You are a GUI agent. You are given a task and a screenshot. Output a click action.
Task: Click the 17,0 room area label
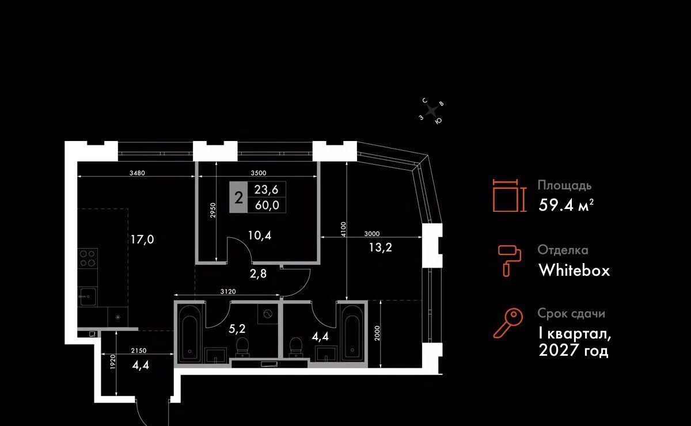tap(142, 239)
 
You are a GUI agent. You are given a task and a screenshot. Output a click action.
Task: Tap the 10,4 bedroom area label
tap(260, 235)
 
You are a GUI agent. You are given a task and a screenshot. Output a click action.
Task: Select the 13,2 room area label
tap(381, 248)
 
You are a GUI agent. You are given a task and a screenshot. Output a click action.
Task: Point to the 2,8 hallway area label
tap(258, 273)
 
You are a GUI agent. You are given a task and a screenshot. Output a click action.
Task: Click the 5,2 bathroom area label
tap(237, 329)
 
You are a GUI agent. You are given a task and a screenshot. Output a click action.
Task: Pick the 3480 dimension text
tap(137, 173)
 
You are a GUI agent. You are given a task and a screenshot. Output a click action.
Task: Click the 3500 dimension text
tap(258, 173)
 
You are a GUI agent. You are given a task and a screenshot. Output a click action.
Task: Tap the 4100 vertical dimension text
tap(344, 230)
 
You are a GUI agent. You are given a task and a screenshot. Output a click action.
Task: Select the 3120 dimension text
tap(228, 291)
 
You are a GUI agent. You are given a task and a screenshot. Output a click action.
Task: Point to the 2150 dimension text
tap(139, 351)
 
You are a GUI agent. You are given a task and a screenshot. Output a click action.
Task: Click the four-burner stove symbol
tap(88, 258)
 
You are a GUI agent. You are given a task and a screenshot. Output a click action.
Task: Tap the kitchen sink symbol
tap(88, 296)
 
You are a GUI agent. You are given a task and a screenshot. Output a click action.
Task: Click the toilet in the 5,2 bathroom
tap(242, 347)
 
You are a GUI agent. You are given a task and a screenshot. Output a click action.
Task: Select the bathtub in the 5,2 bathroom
tap(189, 333)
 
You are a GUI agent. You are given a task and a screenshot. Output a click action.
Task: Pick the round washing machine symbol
tap(267, 314)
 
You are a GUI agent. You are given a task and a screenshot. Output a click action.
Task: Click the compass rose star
tap(431, 111)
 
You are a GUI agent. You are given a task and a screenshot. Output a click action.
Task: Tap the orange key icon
tap(508, 324)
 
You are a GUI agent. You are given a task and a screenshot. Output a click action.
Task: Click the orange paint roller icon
tap(509, 261)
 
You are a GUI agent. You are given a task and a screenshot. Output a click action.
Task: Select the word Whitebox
tap(574, 270)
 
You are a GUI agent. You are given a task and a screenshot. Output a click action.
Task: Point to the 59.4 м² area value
tap(566, 205)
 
